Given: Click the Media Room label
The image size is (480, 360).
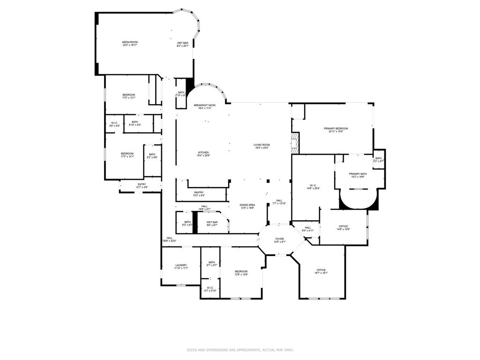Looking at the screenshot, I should coord(130,44).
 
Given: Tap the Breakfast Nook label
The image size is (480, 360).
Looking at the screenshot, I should coord(205,106).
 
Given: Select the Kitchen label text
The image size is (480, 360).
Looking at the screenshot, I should coord(203,154).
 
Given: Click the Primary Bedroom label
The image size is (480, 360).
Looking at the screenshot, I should coord(336,130).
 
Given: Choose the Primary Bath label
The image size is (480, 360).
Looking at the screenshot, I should coord(358,175).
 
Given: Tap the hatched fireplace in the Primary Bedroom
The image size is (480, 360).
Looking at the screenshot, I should coord(295,143).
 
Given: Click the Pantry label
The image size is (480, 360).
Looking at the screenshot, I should coord(199,194).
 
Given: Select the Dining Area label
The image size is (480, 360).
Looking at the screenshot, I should coord(247,206).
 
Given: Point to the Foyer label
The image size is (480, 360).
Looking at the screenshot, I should coord(279,240).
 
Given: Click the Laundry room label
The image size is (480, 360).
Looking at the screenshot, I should coord(181,266).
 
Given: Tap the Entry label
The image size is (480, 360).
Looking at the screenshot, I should coord(142,186).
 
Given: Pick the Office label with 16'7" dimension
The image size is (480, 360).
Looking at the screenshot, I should coord(321,271).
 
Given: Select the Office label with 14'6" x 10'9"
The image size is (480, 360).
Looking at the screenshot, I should coord(343,228).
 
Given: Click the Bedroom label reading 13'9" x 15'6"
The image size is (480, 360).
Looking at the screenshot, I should coord(241,273).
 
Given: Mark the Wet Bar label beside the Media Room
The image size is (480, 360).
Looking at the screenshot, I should coord(182,44).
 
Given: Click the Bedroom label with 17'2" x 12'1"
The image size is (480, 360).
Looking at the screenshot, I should coord(128,96).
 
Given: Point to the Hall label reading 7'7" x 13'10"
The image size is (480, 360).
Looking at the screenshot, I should coord(279,202).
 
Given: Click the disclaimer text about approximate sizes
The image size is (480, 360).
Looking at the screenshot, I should coord(240,350).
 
